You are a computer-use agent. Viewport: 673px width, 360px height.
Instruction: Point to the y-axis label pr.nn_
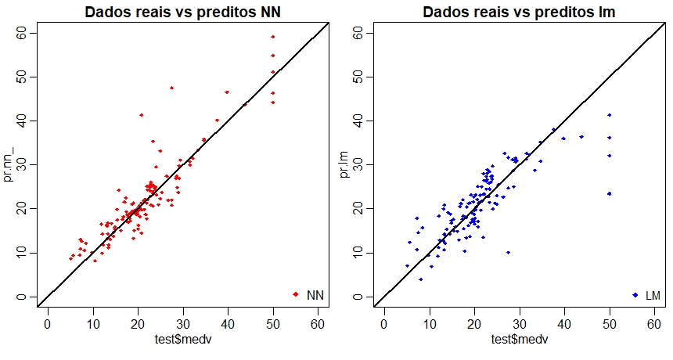(x=9, y=164)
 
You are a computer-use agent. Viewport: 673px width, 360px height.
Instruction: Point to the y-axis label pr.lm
(x=345, y=165)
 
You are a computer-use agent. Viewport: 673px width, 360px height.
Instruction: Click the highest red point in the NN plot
(x=273, y=36)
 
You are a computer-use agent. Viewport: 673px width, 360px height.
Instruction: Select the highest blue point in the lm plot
(x=609, y=115)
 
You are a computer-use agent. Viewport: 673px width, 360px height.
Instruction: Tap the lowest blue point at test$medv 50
(x=609, y=193)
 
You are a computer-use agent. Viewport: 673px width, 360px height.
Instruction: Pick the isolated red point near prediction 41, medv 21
(x=142, y=115)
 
